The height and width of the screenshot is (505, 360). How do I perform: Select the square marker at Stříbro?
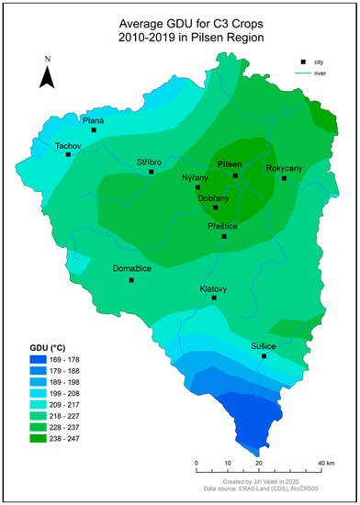click(152, 172)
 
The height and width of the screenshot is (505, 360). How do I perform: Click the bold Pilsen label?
click(230, 163)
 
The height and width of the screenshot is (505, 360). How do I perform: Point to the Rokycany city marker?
click(284, 178)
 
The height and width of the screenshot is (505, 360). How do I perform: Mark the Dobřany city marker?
click(215, 208)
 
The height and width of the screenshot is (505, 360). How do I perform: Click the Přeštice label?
click(220, 224)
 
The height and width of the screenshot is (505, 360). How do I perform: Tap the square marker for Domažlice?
click(131, 280)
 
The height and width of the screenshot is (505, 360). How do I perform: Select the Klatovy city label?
click(214, 287)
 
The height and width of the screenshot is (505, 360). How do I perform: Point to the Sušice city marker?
click(264, 356)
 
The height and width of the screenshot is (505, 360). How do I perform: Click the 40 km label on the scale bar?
click(324, 463)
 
